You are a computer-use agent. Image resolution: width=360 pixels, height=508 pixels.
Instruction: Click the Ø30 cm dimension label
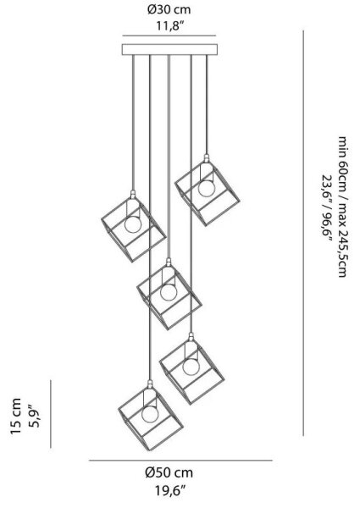pos(169,10)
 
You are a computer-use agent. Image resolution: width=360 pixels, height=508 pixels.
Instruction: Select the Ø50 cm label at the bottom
pos(169,472)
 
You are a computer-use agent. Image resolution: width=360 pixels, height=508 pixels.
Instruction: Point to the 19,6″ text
pos(169,491)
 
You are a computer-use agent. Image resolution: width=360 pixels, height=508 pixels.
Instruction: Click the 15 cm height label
pos(15,417)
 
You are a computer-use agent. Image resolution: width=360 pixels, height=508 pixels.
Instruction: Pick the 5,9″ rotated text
pos(34,417)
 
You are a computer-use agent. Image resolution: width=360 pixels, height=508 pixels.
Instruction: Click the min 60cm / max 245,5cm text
pos(342,207)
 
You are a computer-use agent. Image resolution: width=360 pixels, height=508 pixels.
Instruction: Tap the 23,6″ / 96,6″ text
pos(326,207)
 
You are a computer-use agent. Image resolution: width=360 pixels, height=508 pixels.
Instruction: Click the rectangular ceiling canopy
pos(169,49)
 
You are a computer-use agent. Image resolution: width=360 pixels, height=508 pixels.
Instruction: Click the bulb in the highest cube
pos(207,188)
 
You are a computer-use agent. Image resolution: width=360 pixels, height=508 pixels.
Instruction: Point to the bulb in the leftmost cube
pos(133,224)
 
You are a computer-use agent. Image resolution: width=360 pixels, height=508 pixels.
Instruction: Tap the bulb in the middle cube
pos(169,292)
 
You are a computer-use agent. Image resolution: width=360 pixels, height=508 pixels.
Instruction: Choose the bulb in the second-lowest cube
pos(191,367)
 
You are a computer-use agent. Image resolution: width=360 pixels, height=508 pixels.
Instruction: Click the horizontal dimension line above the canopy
pos(169,36)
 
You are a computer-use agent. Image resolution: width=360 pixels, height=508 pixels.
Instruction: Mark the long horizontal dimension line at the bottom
pos(180,460)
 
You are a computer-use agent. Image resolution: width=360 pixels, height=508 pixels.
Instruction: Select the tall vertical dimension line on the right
pos(303,233)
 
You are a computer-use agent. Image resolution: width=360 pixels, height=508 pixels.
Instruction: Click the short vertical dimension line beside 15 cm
pos(51,414)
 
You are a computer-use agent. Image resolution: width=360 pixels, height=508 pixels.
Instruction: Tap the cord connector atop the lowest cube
pos(150,384)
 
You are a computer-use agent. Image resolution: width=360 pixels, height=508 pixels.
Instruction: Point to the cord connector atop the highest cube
pos(207,159)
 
